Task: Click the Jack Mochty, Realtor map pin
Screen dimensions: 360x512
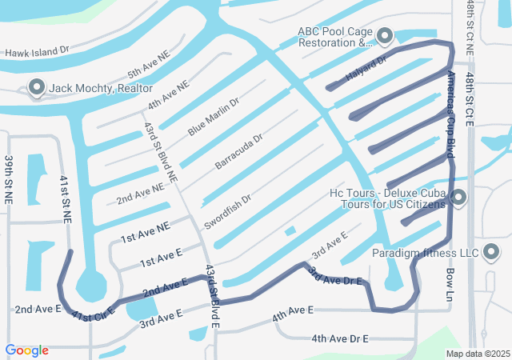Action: [x=36, y=87]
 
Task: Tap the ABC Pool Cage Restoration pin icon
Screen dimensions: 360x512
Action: [x=385, y=36]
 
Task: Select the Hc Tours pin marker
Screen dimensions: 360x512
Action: [x=458, y=197]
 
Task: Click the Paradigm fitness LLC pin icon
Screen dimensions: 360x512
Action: [x=492, y=254]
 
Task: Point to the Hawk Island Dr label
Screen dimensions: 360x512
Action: [x=38, y=52]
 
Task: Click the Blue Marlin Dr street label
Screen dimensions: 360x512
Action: [x=214, y=117]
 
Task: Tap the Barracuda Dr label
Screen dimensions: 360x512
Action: [x=239, y=152]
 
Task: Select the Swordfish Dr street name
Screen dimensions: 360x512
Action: [x=228, y=210]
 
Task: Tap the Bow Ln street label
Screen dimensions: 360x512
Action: [x=449, y=284]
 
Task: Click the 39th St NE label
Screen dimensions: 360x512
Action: [x=9, y=181]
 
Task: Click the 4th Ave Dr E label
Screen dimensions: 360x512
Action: [x=339, y=339]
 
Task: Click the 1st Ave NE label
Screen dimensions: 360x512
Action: [x=145, y=233]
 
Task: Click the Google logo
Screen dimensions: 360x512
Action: [x=26, y=350]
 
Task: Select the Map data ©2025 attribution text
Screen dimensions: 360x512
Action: [x=477, y=354]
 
